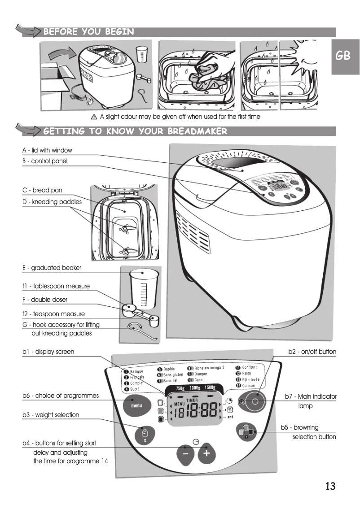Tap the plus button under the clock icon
(206, 454)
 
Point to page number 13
(330, 486)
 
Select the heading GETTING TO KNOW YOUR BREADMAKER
(135, 131)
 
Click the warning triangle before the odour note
(94, 117)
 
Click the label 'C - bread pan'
(42, 190)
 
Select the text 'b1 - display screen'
(48, 352)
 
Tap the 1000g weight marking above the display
(195, 387)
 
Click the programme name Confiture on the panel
(250, 367)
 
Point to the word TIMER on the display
(193, 399)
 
